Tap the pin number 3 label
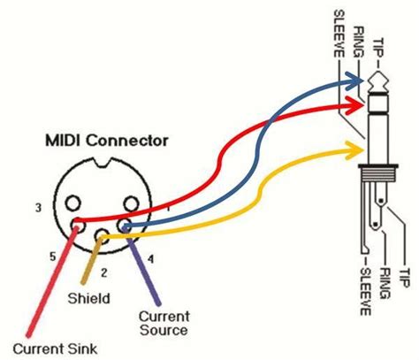coord(38,208)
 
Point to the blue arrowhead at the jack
coord(355,81)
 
